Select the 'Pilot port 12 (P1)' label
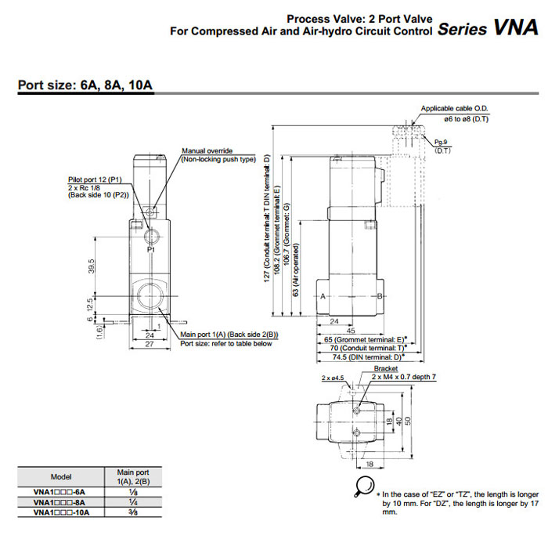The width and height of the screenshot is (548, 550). click(93, 179)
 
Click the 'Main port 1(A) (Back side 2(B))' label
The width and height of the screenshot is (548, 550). click(229, 335)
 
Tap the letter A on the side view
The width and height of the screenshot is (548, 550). click(323, 295)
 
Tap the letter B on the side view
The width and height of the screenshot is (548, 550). click(380, 295)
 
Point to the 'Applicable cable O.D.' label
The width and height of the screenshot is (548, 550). click(455, 108)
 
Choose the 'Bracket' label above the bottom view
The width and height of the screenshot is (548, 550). click(385, 368)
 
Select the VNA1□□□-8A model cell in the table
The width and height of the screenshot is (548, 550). click(61, 501)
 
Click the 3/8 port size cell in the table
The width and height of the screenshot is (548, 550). click(133, 512)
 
